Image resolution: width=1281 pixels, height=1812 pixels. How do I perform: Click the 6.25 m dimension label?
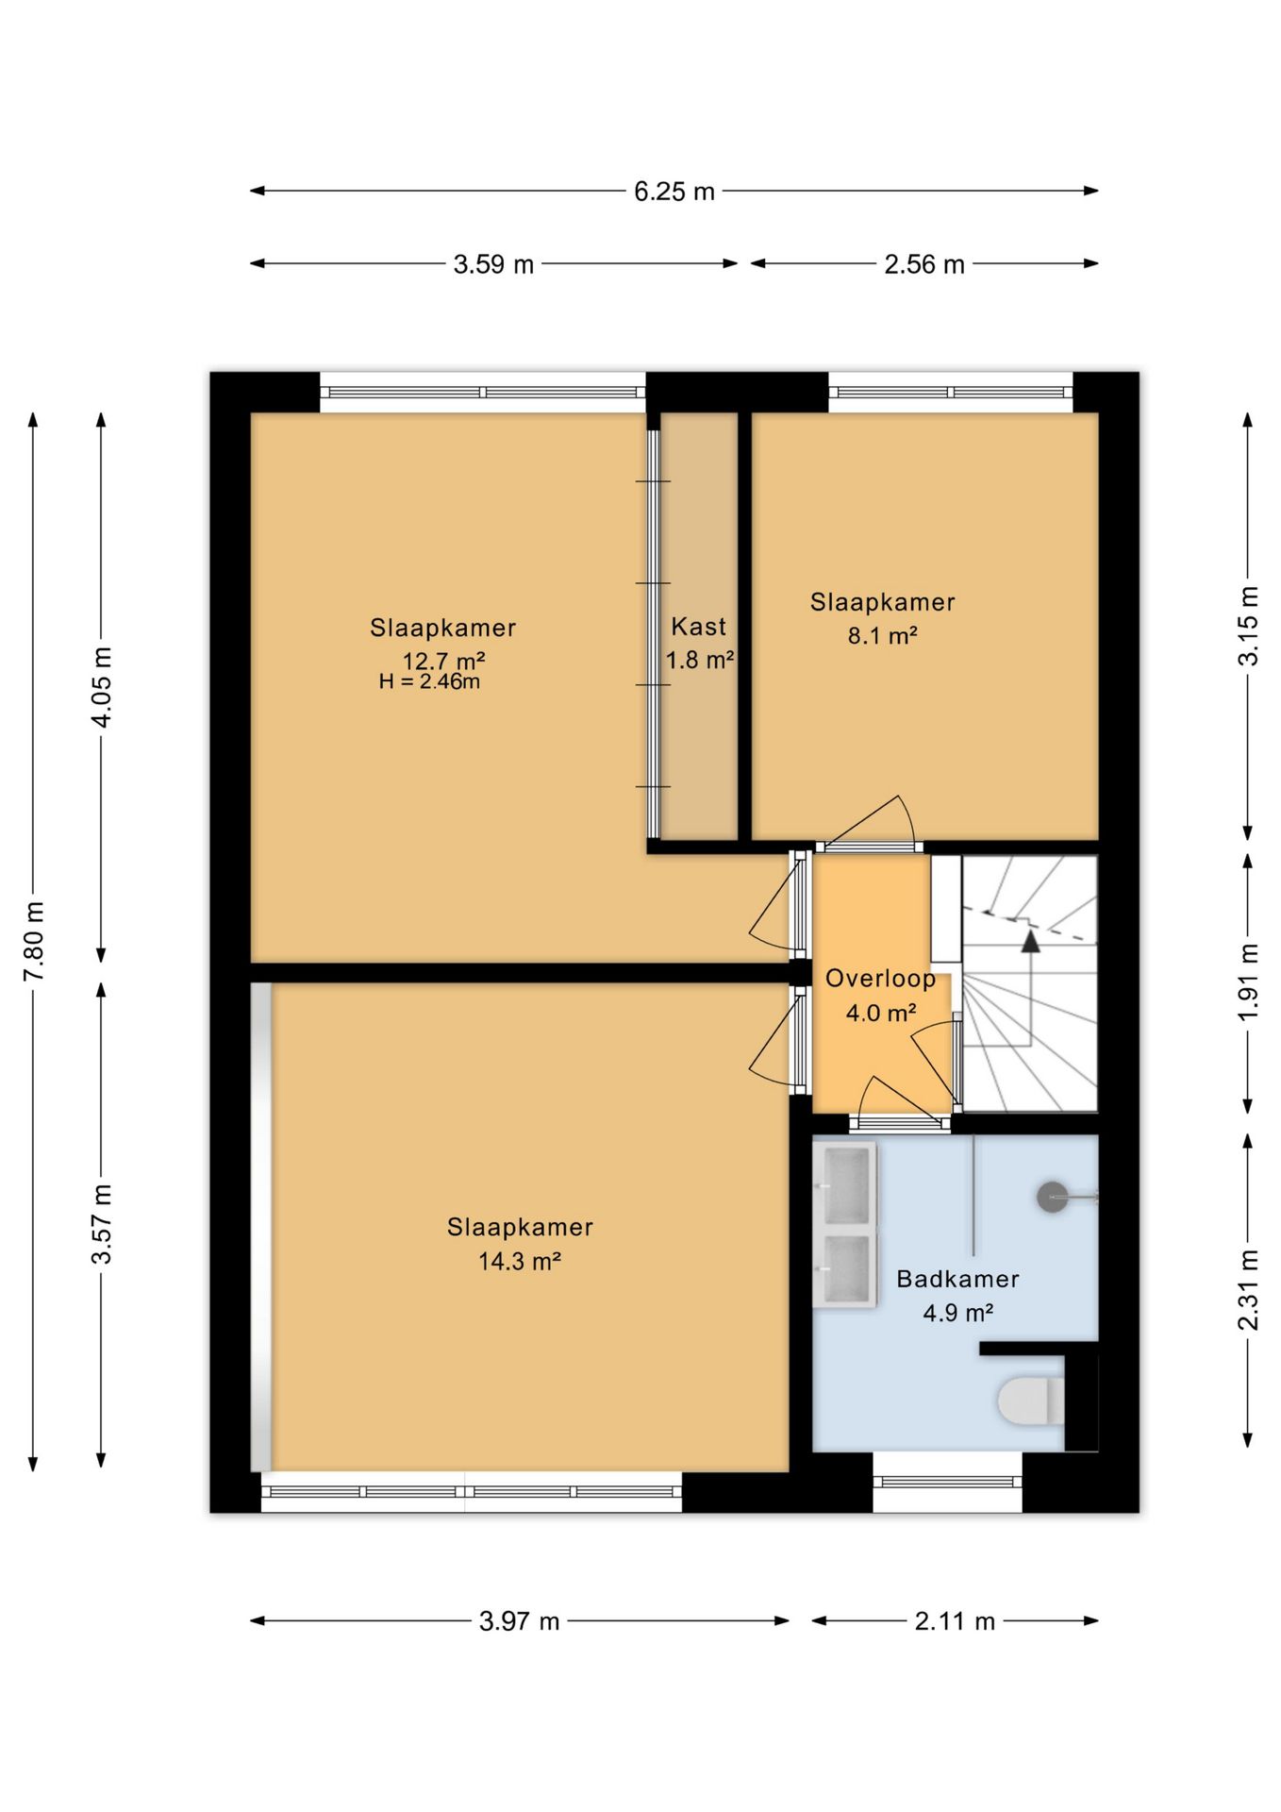tap(674, 192)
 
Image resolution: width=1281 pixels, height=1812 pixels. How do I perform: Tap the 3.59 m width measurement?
tap(493, 264)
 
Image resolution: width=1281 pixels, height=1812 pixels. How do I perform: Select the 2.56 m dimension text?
tap(924, 264)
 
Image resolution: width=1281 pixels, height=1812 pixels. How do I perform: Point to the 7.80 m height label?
tap(35, 941)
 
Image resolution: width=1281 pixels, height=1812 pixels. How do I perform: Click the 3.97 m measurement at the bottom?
tap(519, 1621)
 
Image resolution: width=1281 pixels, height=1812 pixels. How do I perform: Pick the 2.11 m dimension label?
tap(955, 1621)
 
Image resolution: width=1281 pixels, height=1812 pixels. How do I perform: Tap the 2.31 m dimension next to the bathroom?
tap(1248, 1290)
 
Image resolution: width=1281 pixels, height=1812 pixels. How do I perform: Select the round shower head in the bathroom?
tap(1053, 1198)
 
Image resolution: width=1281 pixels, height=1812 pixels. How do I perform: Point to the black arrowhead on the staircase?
tap(1030, 941)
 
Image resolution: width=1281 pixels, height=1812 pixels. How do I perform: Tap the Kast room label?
tap(699, 627)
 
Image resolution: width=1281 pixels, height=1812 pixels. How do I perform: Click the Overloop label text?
tap(880, 979)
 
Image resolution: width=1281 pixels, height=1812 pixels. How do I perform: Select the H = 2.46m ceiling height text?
tap(429, 681)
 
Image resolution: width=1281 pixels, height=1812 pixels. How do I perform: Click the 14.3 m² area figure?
tap(520, 1261)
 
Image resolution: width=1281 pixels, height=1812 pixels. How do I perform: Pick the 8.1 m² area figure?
tap(882, 635)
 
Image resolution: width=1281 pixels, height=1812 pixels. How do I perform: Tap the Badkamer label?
tap(957, 1279)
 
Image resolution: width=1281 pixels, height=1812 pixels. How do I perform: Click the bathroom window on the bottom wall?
tap(947, 1482)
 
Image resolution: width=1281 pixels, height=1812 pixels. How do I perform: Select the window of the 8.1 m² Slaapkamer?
tap(951, 393)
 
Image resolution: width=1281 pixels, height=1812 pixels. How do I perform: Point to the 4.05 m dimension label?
tap(102, 687)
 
